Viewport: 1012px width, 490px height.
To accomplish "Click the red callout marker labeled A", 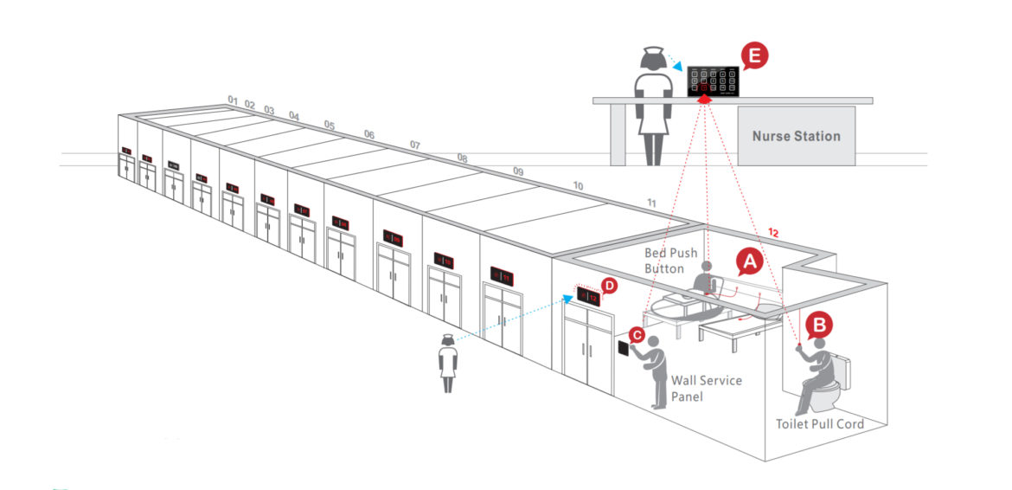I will click(749, 260).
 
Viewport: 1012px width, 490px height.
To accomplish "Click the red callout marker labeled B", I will click(819, 326).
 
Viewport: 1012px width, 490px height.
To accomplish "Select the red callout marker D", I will click(609, 285).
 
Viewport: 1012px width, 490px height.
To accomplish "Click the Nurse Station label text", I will click(796, 136).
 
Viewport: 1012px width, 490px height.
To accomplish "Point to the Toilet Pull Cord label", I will click(819, 424).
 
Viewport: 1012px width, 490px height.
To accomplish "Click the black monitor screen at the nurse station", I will click(714, 81).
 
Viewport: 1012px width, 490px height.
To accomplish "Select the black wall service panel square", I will click(623, 349).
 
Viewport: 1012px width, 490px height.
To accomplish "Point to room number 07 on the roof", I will click(414, 145).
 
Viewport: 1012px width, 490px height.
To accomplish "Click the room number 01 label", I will click(232, 100).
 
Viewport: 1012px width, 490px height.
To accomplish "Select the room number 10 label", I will click(578, 186).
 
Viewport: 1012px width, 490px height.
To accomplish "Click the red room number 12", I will click(773, 232).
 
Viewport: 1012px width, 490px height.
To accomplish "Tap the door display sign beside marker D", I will click(588, 297).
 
